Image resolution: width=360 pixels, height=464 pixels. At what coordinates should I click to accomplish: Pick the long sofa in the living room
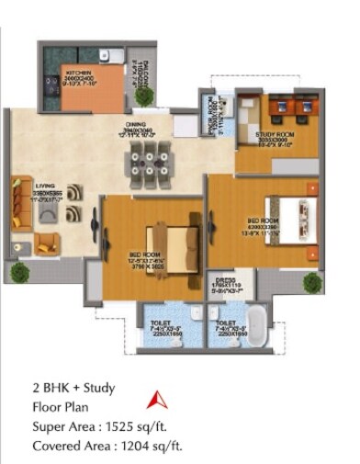[x=19, y=203]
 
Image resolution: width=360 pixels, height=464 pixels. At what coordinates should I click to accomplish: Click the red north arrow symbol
[x=157, y=399]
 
